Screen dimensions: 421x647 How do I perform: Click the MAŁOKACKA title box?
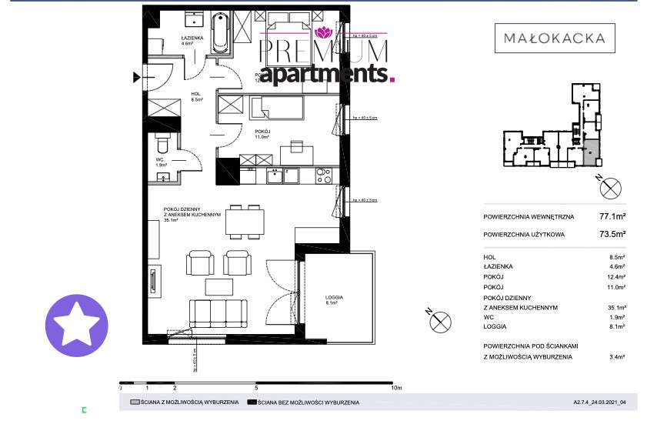click(554, 37)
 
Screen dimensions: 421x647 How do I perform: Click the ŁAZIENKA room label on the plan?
click(191, 40)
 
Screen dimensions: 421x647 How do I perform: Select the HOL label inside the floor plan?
click(195, 95)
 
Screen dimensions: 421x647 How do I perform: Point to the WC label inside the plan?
click(159, 160)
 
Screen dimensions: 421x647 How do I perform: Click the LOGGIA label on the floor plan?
click(333, 297)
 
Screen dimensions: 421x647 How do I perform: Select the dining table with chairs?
click(245, 222)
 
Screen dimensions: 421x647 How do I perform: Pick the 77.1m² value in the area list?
click(612, 217)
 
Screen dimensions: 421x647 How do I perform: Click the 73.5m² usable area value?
click(612, 234)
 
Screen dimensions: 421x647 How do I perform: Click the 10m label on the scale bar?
click(397, 389)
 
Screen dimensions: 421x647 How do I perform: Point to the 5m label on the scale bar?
click(256, 389)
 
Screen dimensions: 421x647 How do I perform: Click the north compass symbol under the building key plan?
click(609, 187)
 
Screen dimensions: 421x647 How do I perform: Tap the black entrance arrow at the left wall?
click(138, 76)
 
